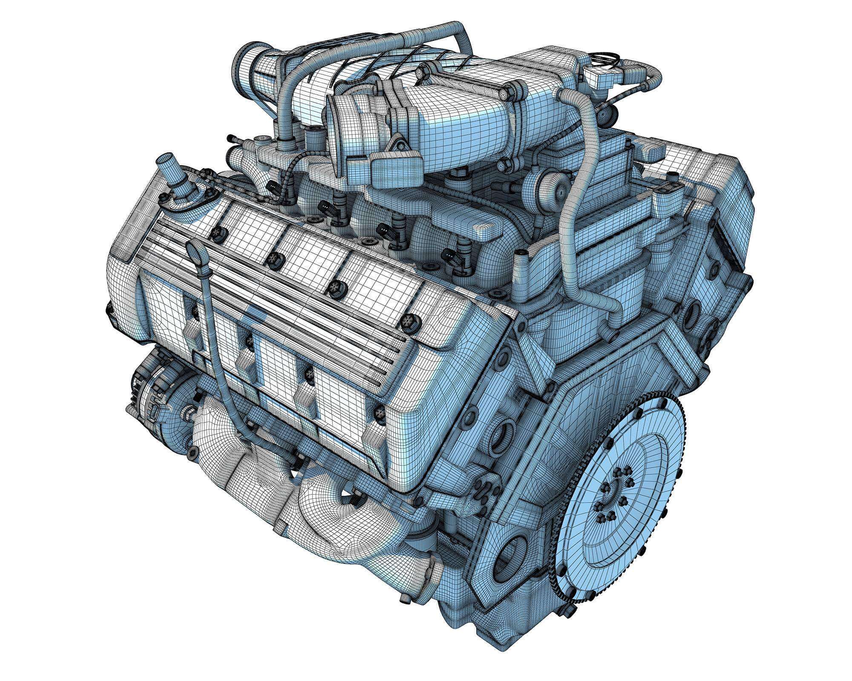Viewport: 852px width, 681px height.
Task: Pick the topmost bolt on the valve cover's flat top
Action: pyautogui.click(x=218, y=232)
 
